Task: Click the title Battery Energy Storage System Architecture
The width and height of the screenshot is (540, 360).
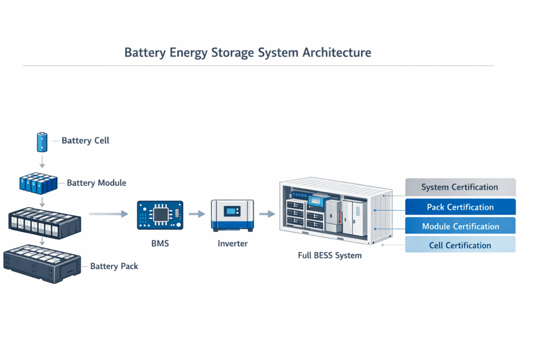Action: tap(247, 53)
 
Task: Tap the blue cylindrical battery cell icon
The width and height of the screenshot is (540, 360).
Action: tap(42, 141)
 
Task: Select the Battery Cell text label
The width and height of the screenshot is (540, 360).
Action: tap(85, 140)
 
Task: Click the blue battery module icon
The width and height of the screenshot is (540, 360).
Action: tap(38, 182)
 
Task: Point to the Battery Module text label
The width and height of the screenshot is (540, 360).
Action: tap(96, 183)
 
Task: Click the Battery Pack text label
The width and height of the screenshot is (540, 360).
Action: tap(114, 266)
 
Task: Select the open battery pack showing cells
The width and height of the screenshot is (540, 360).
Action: tap(45, 221)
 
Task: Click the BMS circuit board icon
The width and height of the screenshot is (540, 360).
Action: tap(159, 214)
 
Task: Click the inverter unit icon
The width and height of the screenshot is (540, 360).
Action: tap(232, 214)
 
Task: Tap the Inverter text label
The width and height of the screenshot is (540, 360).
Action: tap(232, 244)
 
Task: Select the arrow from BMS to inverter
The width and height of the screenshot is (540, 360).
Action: tap(197, 214)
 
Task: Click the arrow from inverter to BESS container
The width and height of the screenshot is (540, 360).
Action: tap(267, 214)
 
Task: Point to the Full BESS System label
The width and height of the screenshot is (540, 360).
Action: tap(329, 256)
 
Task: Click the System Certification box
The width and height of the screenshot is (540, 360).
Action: tap(460, 187)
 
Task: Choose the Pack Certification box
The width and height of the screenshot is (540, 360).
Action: tap(460, 207)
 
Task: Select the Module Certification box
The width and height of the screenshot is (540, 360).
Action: tap(460, 226)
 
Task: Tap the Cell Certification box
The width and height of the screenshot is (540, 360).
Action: tap(460, 245)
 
